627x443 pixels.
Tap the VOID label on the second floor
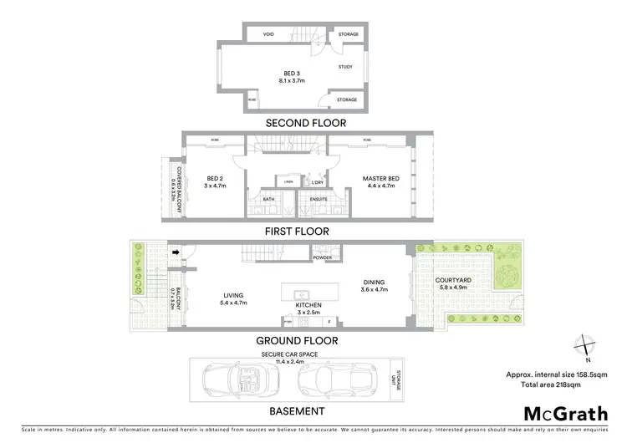268,34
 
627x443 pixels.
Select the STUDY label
345,66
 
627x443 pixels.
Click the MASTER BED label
378,179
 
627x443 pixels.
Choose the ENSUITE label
319,200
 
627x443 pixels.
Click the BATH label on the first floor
268,200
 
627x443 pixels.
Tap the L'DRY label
317,182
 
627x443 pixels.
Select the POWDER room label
323,258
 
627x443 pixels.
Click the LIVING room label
232,293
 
